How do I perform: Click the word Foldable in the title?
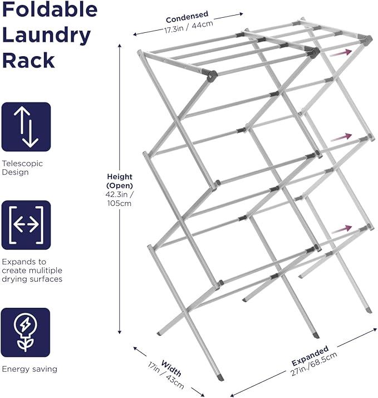tap(50, 10)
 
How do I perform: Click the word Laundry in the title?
tap(47, 36)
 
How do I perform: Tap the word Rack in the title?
tap(28, 60)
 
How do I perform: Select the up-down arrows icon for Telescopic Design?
tap(26, 127)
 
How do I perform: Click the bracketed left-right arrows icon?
tap(26, 225)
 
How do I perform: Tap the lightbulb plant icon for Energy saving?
tap(26, 332)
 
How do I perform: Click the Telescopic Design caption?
tap(22, 168)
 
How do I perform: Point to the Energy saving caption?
tap(30, 368)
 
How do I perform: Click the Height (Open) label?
tap(120, 180)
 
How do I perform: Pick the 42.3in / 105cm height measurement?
tap(120, 199)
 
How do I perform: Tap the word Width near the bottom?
tap(171, 368)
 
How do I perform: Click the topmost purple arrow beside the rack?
tap(341, 53)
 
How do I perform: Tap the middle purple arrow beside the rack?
tap(341, 137)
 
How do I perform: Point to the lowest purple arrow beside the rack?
tap(341, 228)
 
